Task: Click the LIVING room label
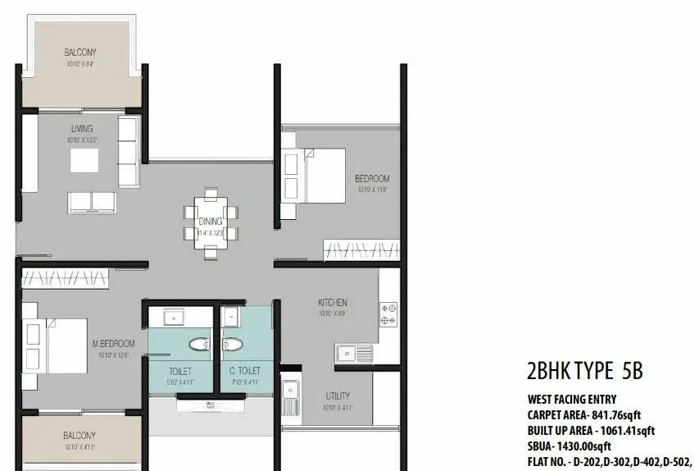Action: click(x=82, y=128)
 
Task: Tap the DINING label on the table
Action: click(x=211, y=221)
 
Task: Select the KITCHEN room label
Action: click(x=333, y=303)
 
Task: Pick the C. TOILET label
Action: click(x=245, y=370)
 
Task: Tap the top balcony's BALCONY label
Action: click(x=81, y=53)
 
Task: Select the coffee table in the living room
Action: click(x=84, y=159)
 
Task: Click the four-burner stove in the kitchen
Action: click(x=388, y=315)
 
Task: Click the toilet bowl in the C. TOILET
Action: click(x=232, y=344)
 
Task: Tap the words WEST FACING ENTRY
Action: click(x=572, y=400)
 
